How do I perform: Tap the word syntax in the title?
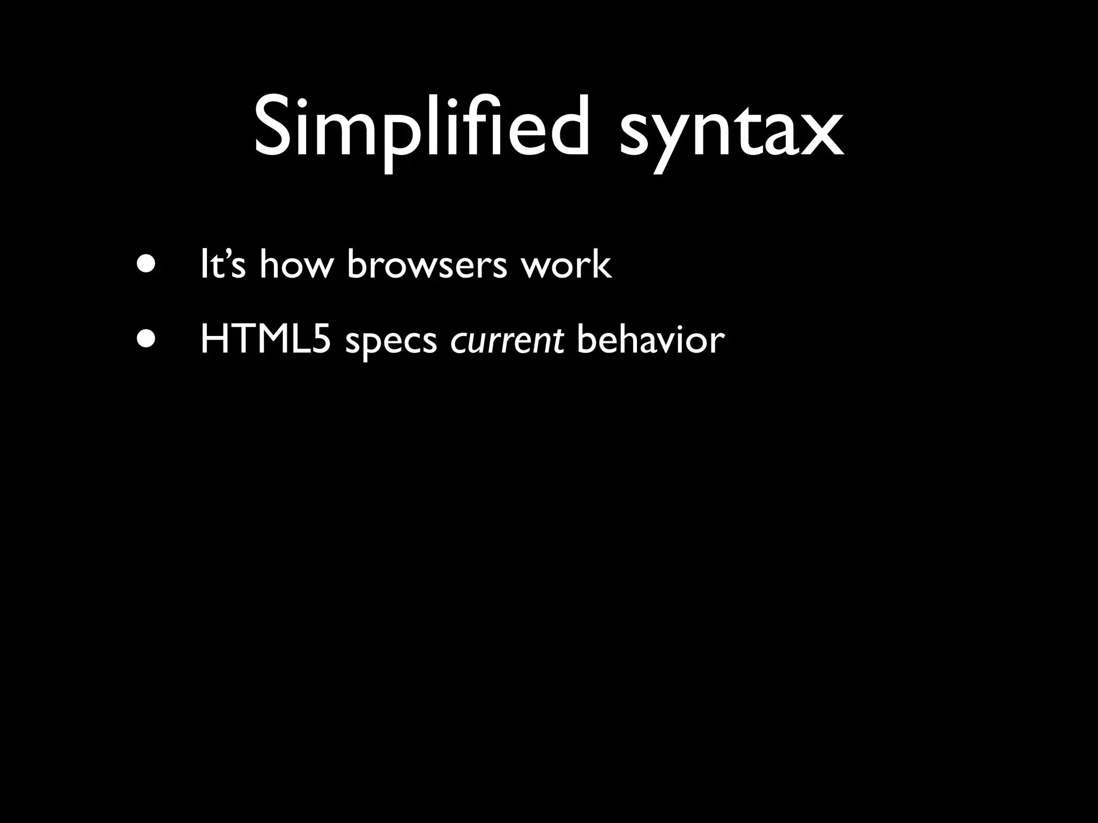[731, 132]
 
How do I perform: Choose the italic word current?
[507, 340]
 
